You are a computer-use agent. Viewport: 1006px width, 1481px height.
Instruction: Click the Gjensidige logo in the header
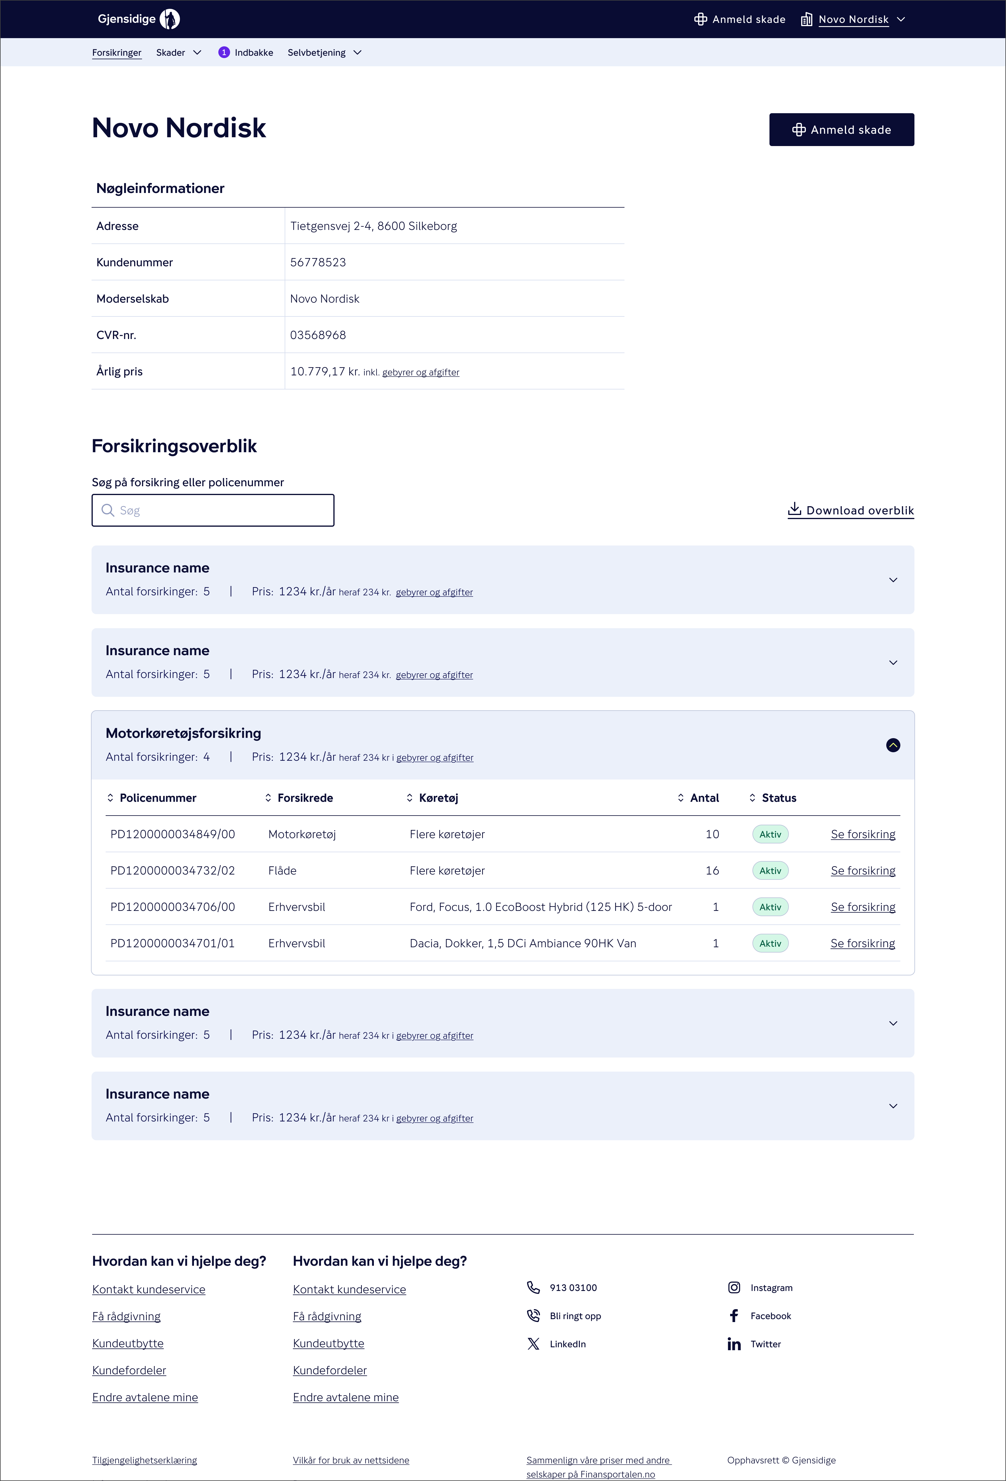[138, 19]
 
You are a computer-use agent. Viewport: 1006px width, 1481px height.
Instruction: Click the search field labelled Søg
[213, 511]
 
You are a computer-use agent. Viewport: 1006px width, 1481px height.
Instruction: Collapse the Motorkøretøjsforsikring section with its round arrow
[892, 745]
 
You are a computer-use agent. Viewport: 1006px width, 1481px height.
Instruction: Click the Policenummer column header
[158, 798]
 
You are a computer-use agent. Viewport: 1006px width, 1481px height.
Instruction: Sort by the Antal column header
[704, 798]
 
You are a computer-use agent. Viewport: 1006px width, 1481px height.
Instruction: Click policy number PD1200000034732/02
[173, 870]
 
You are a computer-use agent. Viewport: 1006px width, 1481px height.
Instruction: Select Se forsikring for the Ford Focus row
[862, 907]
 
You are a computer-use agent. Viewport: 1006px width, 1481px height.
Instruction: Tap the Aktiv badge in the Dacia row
[770, 943]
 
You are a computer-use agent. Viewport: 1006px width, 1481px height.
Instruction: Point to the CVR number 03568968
[318, 335]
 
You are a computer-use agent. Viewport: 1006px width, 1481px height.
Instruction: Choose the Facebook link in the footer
[770, 1316]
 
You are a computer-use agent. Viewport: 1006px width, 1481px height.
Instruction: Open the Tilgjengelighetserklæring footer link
[145, 1460]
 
